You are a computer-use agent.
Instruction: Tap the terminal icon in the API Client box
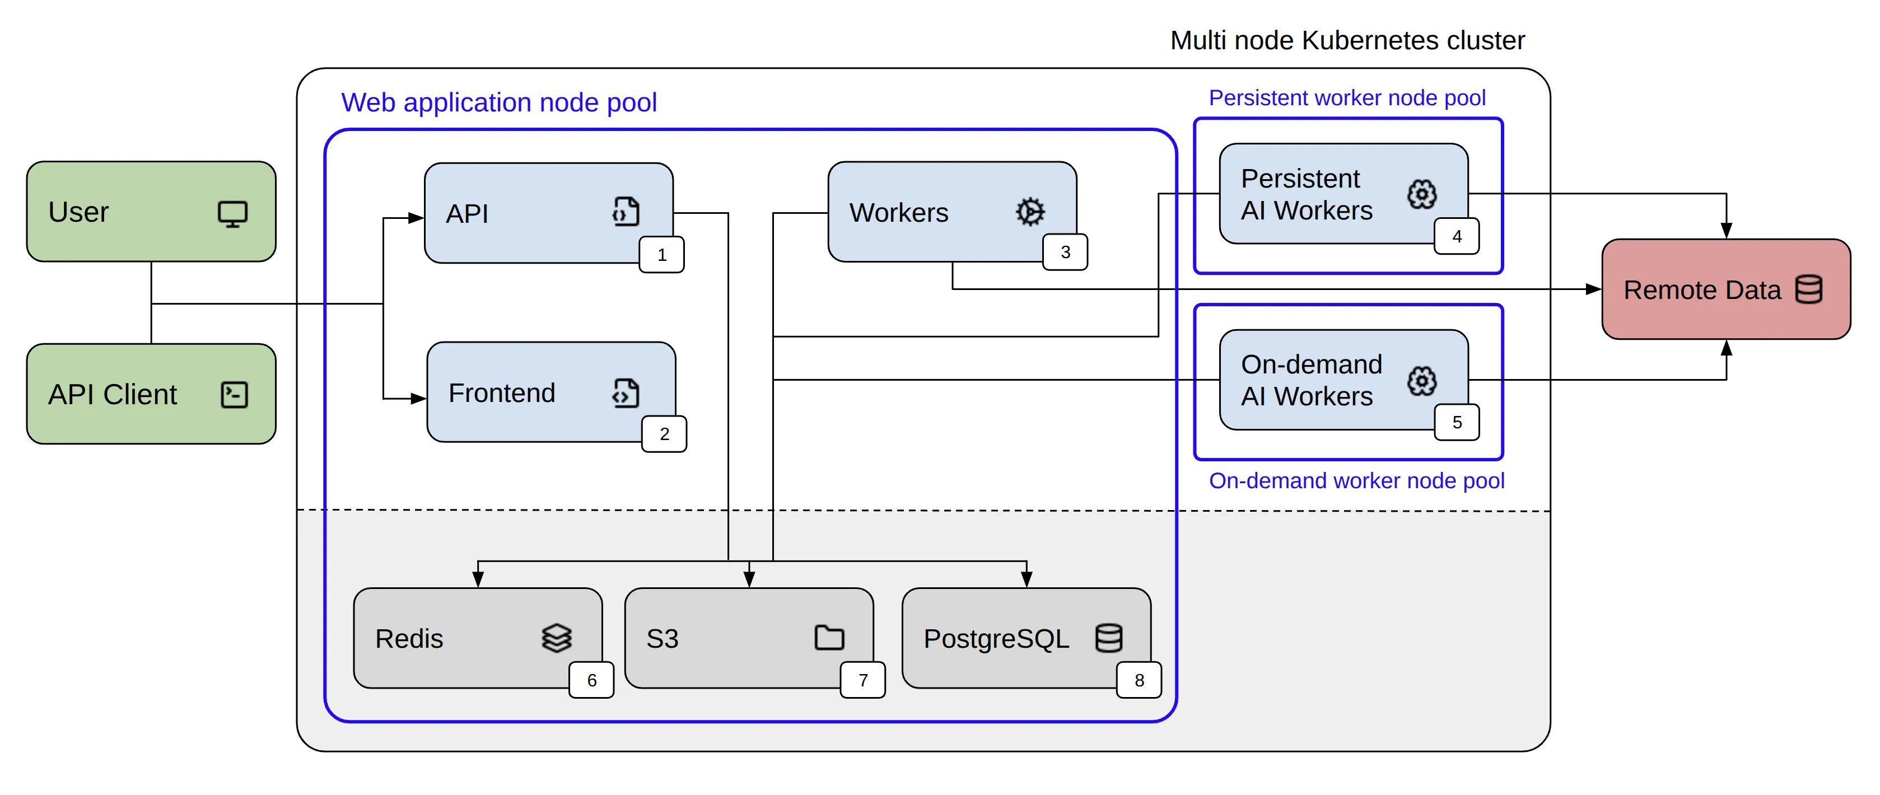click(234, 395)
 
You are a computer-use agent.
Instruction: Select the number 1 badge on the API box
click(661, 255)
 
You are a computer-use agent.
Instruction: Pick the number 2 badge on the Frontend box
click(664, 434)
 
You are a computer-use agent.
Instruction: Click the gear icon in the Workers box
click(1030, 212)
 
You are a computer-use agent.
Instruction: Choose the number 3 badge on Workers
click(1065, 251)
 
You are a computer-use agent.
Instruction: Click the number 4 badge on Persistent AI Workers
click(1456, 236)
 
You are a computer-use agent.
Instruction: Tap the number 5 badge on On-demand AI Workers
click(1456, 422)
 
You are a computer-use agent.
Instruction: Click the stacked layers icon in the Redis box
click(556, 638)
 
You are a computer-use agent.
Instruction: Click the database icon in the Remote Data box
click(1808, 289)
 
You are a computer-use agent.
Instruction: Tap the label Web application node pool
click(498, 102)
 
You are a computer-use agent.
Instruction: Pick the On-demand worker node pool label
click(1356, 481)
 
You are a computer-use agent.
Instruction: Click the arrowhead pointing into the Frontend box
click(418, 398)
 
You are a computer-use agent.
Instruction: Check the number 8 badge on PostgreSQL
click(1139, 680)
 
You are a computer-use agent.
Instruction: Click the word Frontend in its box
click(501, 393)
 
